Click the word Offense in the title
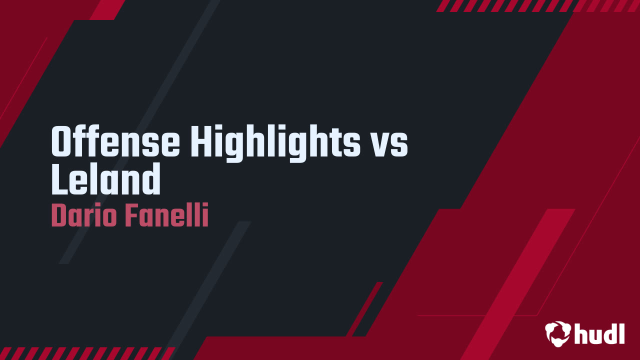[x=115, y=142]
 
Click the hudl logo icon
[x=558, y=333]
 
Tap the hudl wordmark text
[x=599, y=333]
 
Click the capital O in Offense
[x=63, y=142]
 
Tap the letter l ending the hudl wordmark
[x=621, y=333]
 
